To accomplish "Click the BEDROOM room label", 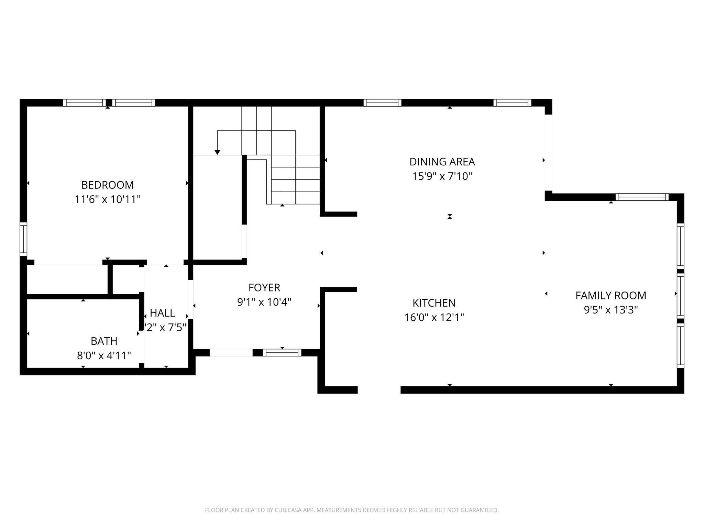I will click(x=107, y=185).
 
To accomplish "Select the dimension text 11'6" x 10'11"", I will click(x=108, y=199).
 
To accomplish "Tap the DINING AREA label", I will click(x=442, y=162).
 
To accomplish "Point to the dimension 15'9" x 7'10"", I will click(x=442, y=176).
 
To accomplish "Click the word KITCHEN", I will click(x=434, y=303).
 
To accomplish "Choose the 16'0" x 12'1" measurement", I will click(x=434, y=317).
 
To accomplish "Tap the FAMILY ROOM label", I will click(x=610, y=295).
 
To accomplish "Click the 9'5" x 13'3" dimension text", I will click(x=610, y=310).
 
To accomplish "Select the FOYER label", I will click(x=264, y=287).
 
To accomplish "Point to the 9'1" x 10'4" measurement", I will click(x=264, y=302).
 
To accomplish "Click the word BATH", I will click(x=104, y=341).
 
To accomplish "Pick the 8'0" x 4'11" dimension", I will click(x=104, y=355).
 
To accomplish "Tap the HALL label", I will click(x=162, y=313).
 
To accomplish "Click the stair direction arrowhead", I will click(x=217, y=152).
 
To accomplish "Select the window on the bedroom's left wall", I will click(x=23, y=239).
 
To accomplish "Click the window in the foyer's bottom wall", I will click(x=282, y=352).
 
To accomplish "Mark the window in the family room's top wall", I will click(x=642, y=197).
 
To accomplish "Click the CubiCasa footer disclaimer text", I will click(x=352, y=510).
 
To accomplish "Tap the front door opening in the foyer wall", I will click(x=231, y=352).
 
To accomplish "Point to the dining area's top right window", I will click(x=512, y=102).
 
